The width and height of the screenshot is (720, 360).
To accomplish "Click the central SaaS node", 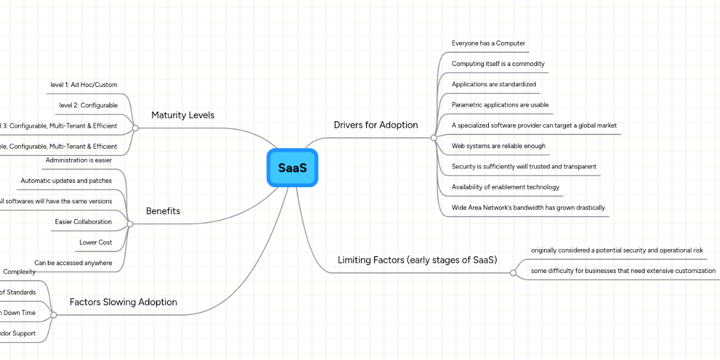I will tap(292, 168).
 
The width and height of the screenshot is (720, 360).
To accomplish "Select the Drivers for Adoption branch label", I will tap(376, 125).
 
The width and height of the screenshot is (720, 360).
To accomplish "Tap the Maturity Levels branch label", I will tap(182, 115).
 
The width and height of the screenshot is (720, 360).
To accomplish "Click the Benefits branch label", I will tap(163, 211).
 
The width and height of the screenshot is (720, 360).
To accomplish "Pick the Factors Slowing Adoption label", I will tap(123, 302).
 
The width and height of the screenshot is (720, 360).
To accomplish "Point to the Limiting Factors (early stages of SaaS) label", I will tap(418, 260).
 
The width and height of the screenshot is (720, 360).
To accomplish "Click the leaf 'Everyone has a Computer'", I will tap(488, 43).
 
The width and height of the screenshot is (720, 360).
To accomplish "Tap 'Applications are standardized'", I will tap(494, 85).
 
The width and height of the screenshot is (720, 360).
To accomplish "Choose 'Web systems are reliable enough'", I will tap(499, 146).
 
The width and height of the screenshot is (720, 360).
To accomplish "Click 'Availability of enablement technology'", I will tap(505, 187).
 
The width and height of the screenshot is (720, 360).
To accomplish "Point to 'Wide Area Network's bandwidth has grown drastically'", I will tap(528, 208).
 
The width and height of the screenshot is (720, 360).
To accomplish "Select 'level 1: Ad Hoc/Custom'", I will tap(84, 85).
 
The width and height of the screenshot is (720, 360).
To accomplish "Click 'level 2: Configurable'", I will tap(88, 106).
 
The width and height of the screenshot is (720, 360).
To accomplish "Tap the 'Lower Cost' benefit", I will tap(95, 242).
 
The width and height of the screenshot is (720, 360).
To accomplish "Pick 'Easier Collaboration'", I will tap(83, 222).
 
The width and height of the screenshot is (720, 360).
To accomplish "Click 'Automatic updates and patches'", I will tap(66, 181).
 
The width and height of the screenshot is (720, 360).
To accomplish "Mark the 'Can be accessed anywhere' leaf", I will tap(73, 263).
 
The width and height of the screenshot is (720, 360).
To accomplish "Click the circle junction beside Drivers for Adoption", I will tap(434, 137).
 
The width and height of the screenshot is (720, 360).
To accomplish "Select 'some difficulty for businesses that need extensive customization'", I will tap(623, 271).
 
